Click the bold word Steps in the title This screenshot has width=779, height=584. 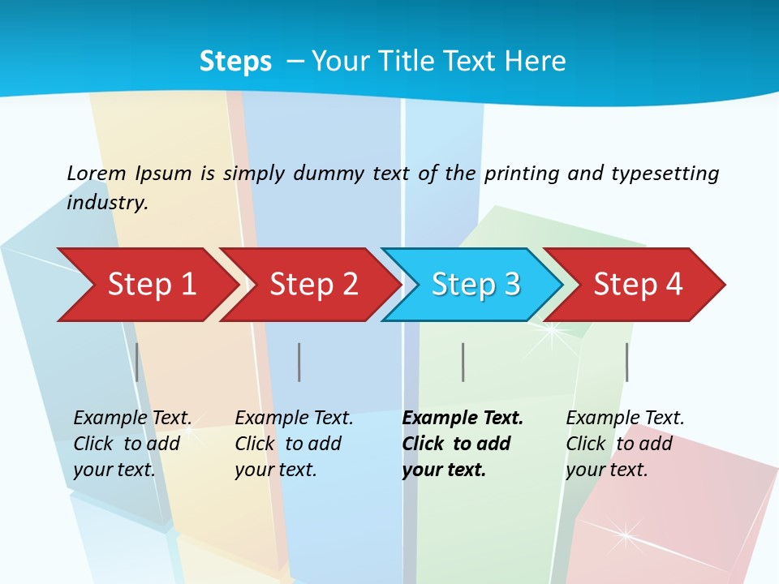(x=235, y=62)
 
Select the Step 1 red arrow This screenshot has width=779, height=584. (x=152, y=285)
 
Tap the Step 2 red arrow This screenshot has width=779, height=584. (x=313, y=285)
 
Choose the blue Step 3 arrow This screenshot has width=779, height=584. (x=476, y=285)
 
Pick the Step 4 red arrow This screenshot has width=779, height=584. (x=638, y=285)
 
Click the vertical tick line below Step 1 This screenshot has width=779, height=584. (x=136, y=362)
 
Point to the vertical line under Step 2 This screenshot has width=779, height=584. (x=299, y=362)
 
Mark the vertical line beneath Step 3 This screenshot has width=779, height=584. (x=463, y=362)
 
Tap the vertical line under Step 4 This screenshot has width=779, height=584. (x=626, y=362)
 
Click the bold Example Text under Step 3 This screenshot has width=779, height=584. (x=463, y=419)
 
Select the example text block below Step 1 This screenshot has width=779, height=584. (x=131, y=444)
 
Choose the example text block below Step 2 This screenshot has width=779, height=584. (x=293, y=444)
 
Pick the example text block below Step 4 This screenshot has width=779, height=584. (x=624, y=444)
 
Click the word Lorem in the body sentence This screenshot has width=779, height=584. (x=97, y=174)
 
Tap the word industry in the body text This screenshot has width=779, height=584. (x=106, y=203)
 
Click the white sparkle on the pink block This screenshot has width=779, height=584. (x=626, y=534)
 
